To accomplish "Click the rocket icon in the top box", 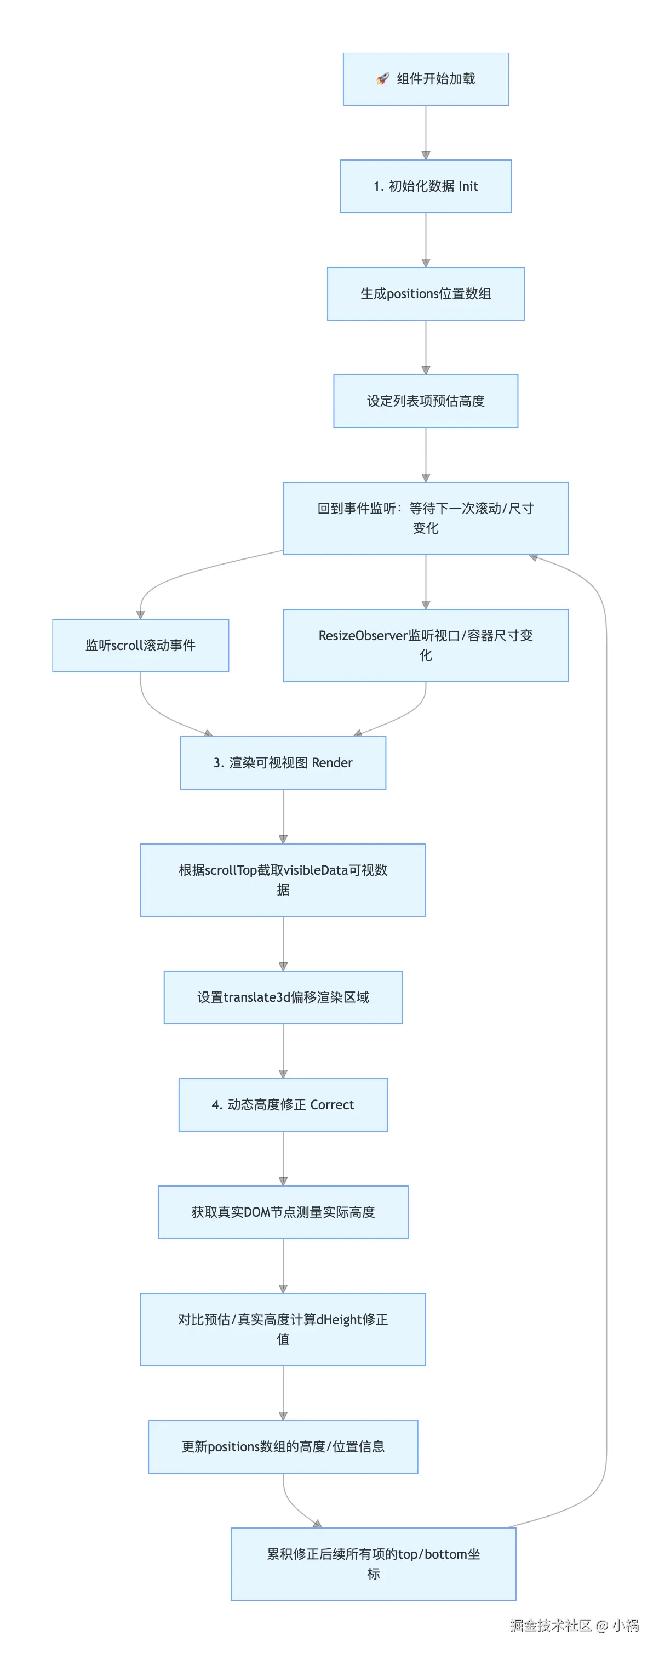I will [x=382, y=79].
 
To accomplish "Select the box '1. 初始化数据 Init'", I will [x=426, y=186].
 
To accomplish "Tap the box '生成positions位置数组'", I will [x=426, y=293].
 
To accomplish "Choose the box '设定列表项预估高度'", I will [x=426, y=401].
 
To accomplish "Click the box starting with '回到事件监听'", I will [x=426, y=518].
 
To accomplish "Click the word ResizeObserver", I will [x=363, y=635].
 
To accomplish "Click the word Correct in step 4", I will [x=332, y=1104].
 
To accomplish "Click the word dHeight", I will [x=339, y=1319].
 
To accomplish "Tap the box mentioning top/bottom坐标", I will [x=373, y=1563].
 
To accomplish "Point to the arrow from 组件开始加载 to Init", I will [x=426, y=132].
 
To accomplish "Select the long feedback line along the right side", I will [x=606, y=1027].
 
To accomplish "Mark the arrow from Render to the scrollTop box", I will [x=283, y=816].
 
